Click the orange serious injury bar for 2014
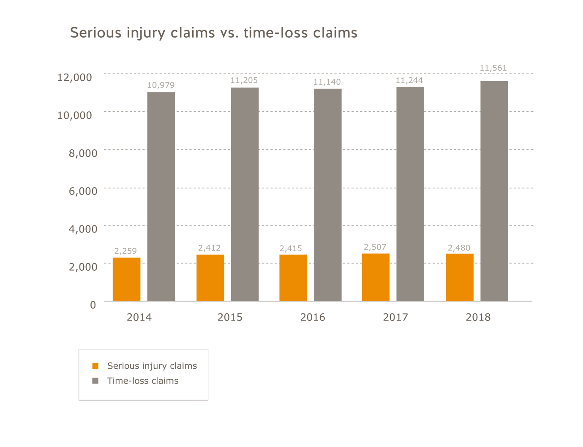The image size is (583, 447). click(126, 279)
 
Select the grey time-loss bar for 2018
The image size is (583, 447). click(494, 191)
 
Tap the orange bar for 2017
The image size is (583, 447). click(376, 277)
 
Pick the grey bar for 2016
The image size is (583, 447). click(327, 195)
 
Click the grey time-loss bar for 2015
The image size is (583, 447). click(245, 195)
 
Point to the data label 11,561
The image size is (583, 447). click(493, 68)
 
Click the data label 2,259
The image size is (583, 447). click(125, 251)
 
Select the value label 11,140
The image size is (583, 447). click(327, 82)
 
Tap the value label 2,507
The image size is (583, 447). click(375, 247)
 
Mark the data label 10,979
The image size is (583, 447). click(161, 85)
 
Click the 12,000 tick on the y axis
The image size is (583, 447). click(74, 77)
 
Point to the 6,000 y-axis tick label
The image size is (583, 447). click(83, 191)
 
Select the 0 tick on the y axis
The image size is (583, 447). click(93, 305)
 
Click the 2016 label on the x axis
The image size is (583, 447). click(313, 317)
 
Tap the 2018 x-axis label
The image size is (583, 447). click(478, 317)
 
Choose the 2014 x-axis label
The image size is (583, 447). click(139, 317)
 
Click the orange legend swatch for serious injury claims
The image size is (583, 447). click(95, 366)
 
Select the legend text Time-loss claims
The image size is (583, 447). click(143, 381)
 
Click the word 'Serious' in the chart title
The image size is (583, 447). click(96, 33)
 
